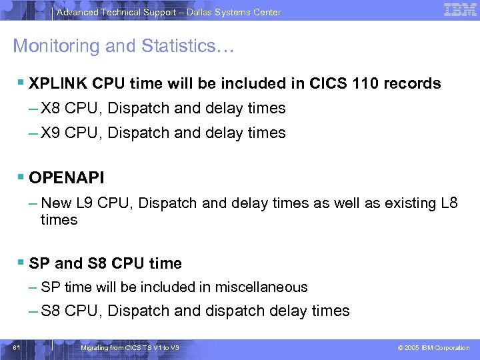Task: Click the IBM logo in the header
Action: [461, 10]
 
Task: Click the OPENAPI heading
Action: [67, 179]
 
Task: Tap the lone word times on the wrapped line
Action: [59, 220]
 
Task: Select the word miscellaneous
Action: [267, 287]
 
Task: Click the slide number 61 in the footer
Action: [17, 347]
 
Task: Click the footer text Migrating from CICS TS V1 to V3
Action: [129, 347]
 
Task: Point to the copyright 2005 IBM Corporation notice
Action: [433, 347]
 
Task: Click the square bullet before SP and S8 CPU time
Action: [21, 263]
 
